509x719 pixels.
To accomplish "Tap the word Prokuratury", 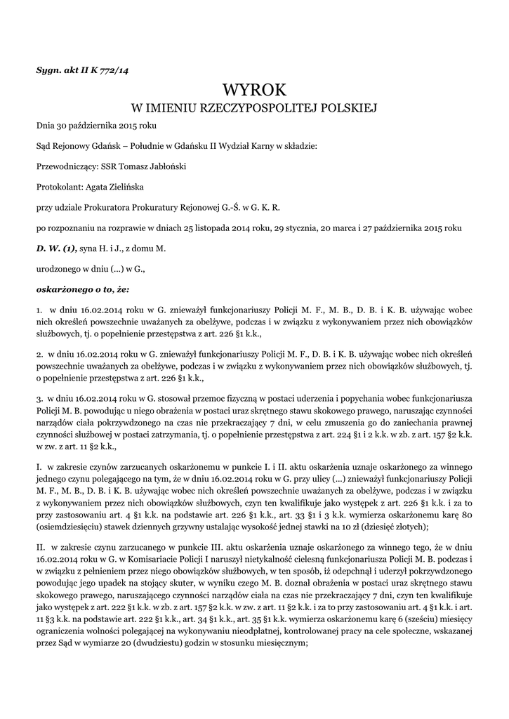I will pyautogui.click(x=172, y=207).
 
